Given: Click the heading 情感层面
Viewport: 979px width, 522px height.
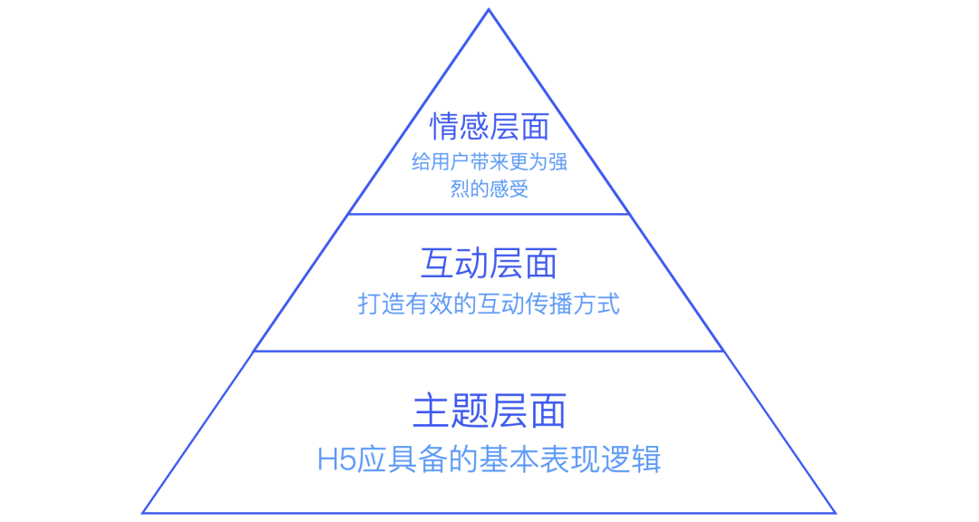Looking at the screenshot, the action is coord(489,126).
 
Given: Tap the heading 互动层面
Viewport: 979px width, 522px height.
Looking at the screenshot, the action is coord(489,264).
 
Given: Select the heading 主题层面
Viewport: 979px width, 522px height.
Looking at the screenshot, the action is coord(489,411).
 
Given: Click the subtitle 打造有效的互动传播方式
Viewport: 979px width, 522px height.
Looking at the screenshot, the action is coord(489,304).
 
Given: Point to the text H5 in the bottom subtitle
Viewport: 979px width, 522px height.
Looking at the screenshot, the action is coord(333,459).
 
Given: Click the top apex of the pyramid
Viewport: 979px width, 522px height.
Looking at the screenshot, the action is coord(489,10).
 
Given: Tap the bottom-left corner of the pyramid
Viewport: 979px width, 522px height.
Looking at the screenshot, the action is coord(143,513).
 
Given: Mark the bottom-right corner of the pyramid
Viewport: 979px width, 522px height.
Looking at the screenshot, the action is coord(835,513).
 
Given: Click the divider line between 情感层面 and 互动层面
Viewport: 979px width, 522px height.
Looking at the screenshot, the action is coord(489,214).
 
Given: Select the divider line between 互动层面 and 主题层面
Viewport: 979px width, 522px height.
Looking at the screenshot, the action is coord(489,351).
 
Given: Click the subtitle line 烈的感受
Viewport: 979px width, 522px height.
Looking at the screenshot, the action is coord(489,189).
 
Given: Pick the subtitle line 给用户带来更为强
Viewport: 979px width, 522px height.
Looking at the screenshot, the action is coord(489,164).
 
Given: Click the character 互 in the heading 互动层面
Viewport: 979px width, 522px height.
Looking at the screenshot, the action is coord(437,264).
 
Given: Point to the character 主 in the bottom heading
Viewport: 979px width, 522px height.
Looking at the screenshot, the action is coord(430,411).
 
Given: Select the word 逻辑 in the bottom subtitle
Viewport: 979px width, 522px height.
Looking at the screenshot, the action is coord(635,459).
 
